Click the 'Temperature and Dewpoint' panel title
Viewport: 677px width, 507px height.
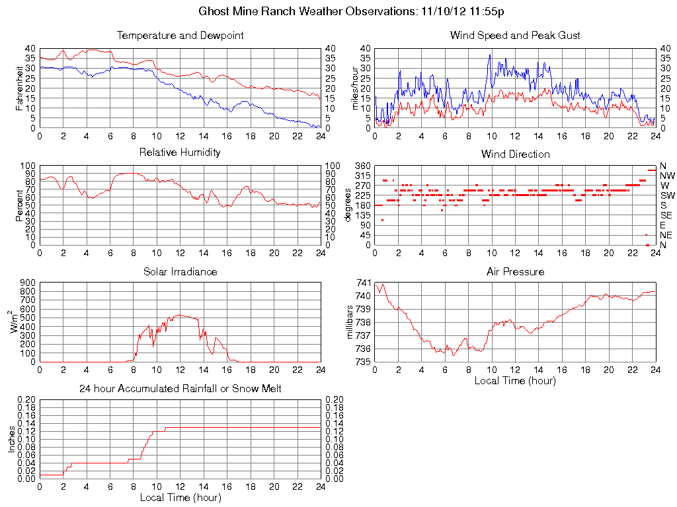(x=180, y=36)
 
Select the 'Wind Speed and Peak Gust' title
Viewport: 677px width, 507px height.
(x=515, y=36)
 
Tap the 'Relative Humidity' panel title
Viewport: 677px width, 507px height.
(x=180, y=152)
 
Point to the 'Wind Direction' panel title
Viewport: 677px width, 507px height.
(x=515, y=154)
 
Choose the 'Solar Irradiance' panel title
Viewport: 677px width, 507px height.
(x=180, y=271)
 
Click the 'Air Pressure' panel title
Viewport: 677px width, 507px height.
(x=515, y=271)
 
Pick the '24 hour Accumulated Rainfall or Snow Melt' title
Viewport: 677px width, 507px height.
(x=180, y=389)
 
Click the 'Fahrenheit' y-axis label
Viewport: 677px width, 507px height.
(x=19, y=88)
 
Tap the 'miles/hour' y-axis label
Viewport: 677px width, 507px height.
(x=355, y=88)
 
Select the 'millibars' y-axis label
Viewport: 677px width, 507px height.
(x=351, y=322)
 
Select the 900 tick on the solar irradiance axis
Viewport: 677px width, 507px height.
(x=28, y=283)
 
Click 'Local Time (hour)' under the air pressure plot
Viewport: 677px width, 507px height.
(x=515, y=380)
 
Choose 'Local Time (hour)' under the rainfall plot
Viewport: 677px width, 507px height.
(x=180, y=497)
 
